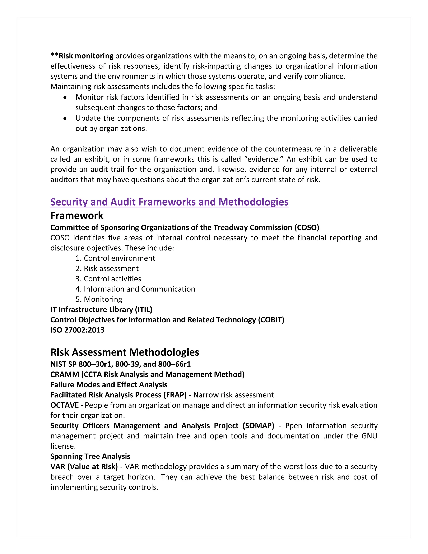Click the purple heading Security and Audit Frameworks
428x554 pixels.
click(x=169, y=202)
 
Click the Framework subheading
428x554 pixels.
click(x=76, y=216)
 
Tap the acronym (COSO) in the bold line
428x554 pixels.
click(x=307, y=227)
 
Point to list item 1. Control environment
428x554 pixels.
click(x=115, y=258)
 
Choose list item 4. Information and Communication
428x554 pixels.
click(x=135, y=289)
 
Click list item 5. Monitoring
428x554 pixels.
click(x=99, y=299)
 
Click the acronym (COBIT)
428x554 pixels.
click(x=271, y=320)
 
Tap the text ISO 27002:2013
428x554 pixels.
click(x=77, y=330)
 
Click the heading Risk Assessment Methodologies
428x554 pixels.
click(x=125, y=352)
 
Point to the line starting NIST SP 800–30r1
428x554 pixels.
click(x=120, y=364)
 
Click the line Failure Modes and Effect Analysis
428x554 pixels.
click(x=109, y=385)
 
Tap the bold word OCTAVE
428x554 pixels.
click(x=64, y=405)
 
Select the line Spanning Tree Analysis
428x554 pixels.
click(x=90, y=456)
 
